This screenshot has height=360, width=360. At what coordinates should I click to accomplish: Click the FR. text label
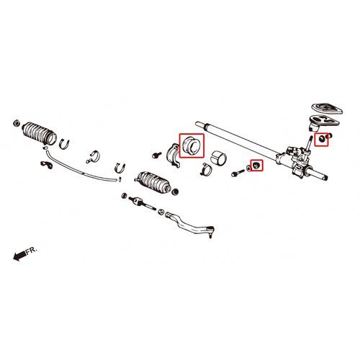tap(32, 251)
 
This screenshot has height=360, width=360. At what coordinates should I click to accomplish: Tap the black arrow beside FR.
tap(19, 256)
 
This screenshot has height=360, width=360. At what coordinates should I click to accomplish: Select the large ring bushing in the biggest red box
tap(191, 145)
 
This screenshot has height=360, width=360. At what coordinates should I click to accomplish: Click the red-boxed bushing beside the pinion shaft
tap(321, 138)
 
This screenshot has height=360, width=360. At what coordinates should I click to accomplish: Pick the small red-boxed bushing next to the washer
tap(256, 166)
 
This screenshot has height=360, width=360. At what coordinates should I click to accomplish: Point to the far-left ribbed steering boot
tap(40, 133)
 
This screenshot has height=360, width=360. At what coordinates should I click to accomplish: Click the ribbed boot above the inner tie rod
tap(153, 182)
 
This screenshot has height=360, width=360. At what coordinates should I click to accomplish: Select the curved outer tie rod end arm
tap(189, 224)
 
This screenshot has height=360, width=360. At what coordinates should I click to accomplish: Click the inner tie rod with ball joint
tap(142, 203)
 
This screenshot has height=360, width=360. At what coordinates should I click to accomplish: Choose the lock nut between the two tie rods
tap(161, 212)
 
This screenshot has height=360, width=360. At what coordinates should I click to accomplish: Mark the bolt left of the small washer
tap(238, 173)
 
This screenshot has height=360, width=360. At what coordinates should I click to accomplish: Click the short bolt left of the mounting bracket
tap(156, 155)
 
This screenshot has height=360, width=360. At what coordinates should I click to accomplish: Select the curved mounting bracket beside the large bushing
tap(174, 156)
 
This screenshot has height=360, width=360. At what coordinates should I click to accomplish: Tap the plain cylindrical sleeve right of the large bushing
tap(219, 158)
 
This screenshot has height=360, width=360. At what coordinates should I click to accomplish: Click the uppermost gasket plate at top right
tap(327, 109)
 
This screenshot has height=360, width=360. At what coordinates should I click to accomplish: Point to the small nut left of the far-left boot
tap(17, 123)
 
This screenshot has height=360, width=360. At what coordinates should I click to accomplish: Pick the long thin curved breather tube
tap(81, 168)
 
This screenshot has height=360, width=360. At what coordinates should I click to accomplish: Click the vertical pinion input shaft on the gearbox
tap(309, 143)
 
